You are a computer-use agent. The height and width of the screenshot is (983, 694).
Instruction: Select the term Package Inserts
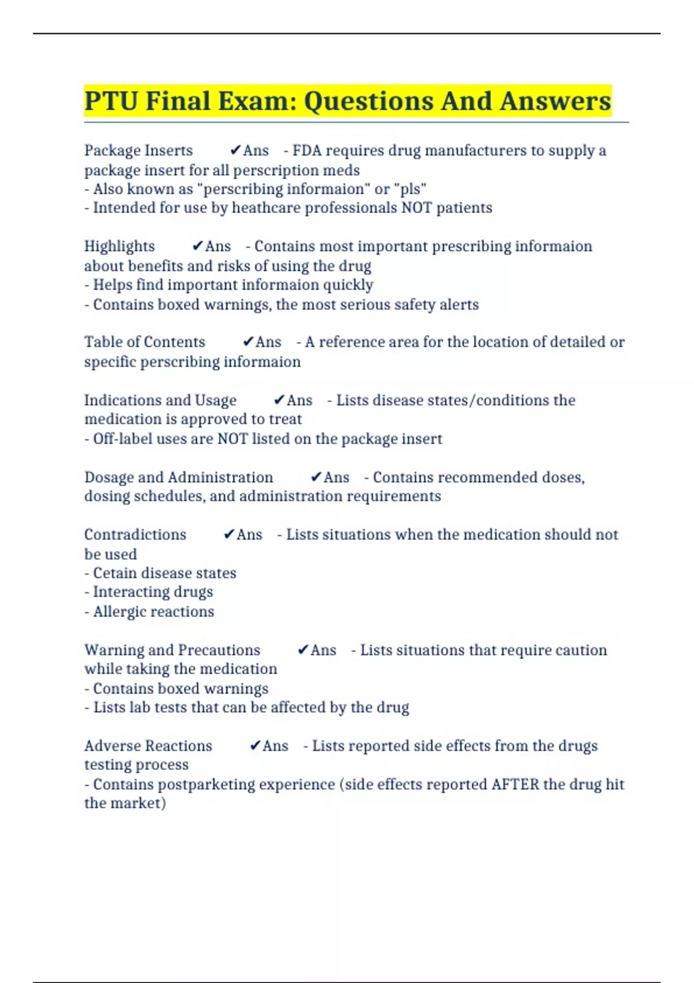pos(138,150)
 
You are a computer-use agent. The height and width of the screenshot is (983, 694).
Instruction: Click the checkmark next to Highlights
pos(197,246)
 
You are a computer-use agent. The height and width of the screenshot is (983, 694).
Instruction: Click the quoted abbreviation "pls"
pos(410,189)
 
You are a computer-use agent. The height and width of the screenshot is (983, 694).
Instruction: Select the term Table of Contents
pos(145,342)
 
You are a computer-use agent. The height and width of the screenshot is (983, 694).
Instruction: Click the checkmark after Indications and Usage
pos(279,400)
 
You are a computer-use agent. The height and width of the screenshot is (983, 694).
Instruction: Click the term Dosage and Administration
pos(179,477)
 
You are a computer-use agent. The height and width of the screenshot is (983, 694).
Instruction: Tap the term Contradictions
pos(135,534)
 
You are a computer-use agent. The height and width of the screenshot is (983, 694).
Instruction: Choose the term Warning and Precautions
pos(172,650)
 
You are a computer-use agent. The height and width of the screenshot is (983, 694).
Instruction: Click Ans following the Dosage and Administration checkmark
pos(337,477)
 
